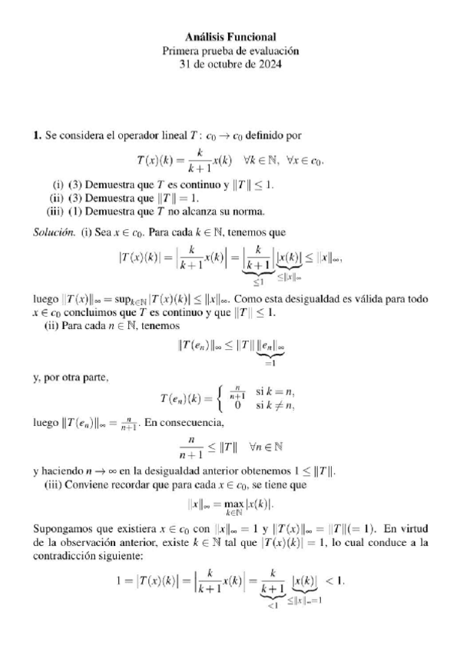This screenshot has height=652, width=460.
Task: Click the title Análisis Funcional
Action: click(230, 37)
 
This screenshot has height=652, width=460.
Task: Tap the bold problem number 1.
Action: click(37, 136)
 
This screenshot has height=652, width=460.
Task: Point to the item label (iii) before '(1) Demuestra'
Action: click(55, 211)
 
